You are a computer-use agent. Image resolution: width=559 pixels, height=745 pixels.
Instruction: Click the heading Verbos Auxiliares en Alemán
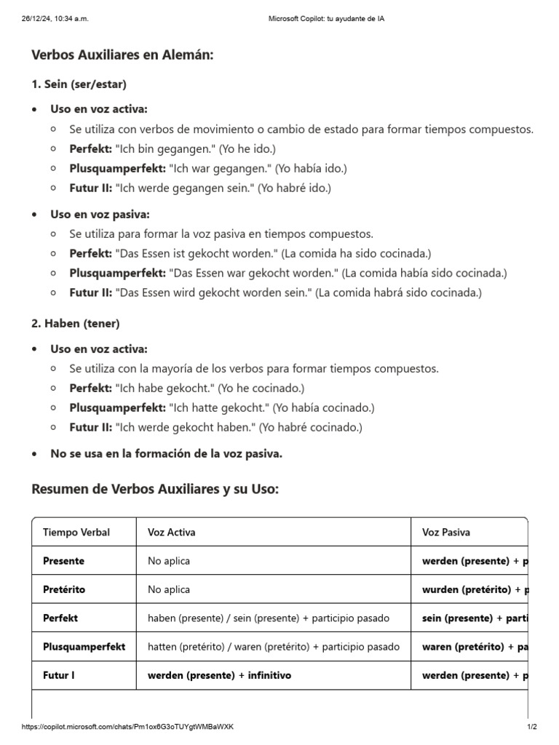click(x=122, y=55)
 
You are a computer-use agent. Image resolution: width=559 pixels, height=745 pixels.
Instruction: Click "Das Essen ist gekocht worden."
click(x=197, y=254)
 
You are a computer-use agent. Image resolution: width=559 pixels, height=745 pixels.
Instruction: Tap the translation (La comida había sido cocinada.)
click(x=424, y=274)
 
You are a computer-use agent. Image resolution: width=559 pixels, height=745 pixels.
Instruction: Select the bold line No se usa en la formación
click(x=166, y=454)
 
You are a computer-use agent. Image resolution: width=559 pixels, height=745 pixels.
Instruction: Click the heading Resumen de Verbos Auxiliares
click(x=155, y=489)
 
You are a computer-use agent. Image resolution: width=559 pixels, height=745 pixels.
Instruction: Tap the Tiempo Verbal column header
click(x=76, y=533)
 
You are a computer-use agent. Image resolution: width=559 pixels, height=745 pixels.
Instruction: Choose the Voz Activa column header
click(x=171, y=533)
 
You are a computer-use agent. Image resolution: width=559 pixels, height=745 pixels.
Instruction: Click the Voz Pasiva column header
click(x=446, y=533)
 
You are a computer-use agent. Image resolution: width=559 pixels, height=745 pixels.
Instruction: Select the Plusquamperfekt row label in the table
click(x=84, y=647)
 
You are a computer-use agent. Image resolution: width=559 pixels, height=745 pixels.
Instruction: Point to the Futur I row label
click(x=59, y=675)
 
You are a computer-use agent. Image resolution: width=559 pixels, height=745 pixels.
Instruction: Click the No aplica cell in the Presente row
click(x=169, y=561)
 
